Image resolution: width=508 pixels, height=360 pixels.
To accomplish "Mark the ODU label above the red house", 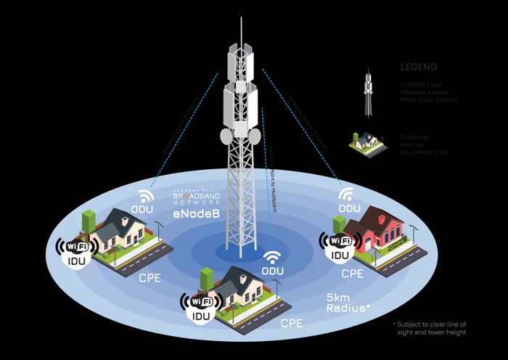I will pos(349,208).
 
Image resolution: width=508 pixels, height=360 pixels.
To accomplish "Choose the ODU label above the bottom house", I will pos(272,271).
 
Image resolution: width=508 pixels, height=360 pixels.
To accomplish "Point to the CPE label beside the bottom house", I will pos(291,322).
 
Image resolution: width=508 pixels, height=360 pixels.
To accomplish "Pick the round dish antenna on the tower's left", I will pos(226,136).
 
